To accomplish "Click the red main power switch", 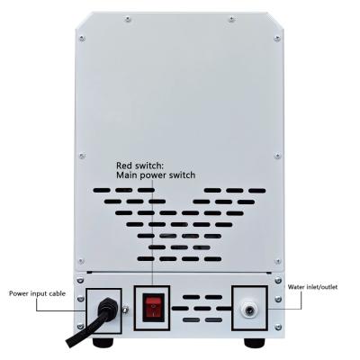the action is coord(153,308).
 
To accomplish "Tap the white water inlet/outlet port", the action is coord(248,310).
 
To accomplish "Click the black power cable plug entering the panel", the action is coord(106,308).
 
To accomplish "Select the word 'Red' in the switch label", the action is coord(124,166).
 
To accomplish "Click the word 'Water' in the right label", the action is coord(295,287).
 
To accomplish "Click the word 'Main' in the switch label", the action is coord(127,175).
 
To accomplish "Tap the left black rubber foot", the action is coord(103,343).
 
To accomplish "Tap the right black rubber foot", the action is coord(255,343).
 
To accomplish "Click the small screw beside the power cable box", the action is coord(125,309).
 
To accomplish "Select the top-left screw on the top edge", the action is coord(128,20).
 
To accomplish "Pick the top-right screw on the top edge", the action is coord(231,20).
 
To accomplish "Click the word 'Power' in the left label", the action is coord(18,293).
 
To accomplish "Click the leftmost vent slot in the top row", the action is coord(102,190).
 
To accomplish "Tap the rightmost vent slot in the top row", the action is coord(257,191).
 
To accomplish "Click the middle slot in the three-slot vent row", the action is coord(179,247).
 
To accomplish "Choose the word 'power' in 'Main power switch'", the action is coord(153,175).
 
